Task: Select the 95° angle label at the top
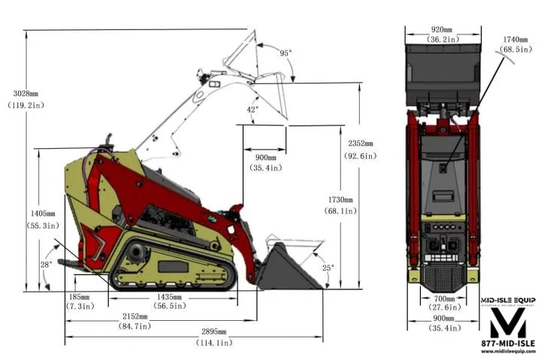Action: point(286,53)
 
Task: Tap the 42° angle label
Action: point(253,110)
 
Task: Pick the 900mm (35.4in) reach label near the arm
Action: point(265,162)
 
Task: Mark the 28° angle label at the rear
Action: point(47,265)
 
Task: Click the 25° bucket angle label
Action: point(328,268)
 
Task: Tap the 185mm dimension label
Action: point(79,302)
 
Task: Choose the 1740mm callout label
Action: point(515,44)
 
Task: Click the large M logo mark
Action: point(508,322)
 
